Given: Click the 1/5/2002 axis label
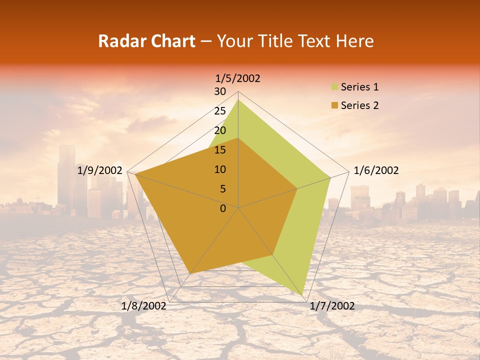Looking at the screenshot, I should pos(238,78).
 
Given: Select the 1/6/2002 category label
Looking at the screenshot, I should pos(376,170).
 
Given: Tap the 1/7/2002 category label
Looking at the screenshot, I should pos(332,306).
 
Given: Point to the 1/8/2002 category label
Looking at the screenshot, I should pos(144,306).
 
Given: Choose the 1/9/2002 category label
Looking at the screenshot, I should pos(100,170).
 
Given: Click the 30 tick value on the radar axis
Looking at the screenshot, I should pos(220,91).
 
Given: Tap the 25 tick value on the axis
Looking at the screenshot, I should pos(220,111).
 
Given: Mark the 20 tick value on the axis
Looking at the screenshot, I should pos(220,130).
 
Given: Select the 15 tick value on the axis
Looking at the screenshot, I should pos(220,150).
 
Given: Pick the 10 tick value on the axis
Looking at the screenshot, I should pos(220,169).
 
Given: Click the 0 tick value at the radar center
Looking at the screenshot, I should pos(223,208).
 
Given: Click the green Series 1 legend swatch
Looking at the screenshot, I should pos(334,87).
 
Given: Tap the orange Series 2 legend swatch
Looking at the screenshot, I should pos(334,105).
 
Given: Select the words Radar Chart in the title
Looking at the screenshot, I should pos(146,41).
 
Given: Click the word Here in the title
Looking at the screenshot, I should pos(355,41).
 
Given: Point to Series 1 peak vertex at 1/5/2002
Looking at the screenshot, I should pos(238,100).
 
